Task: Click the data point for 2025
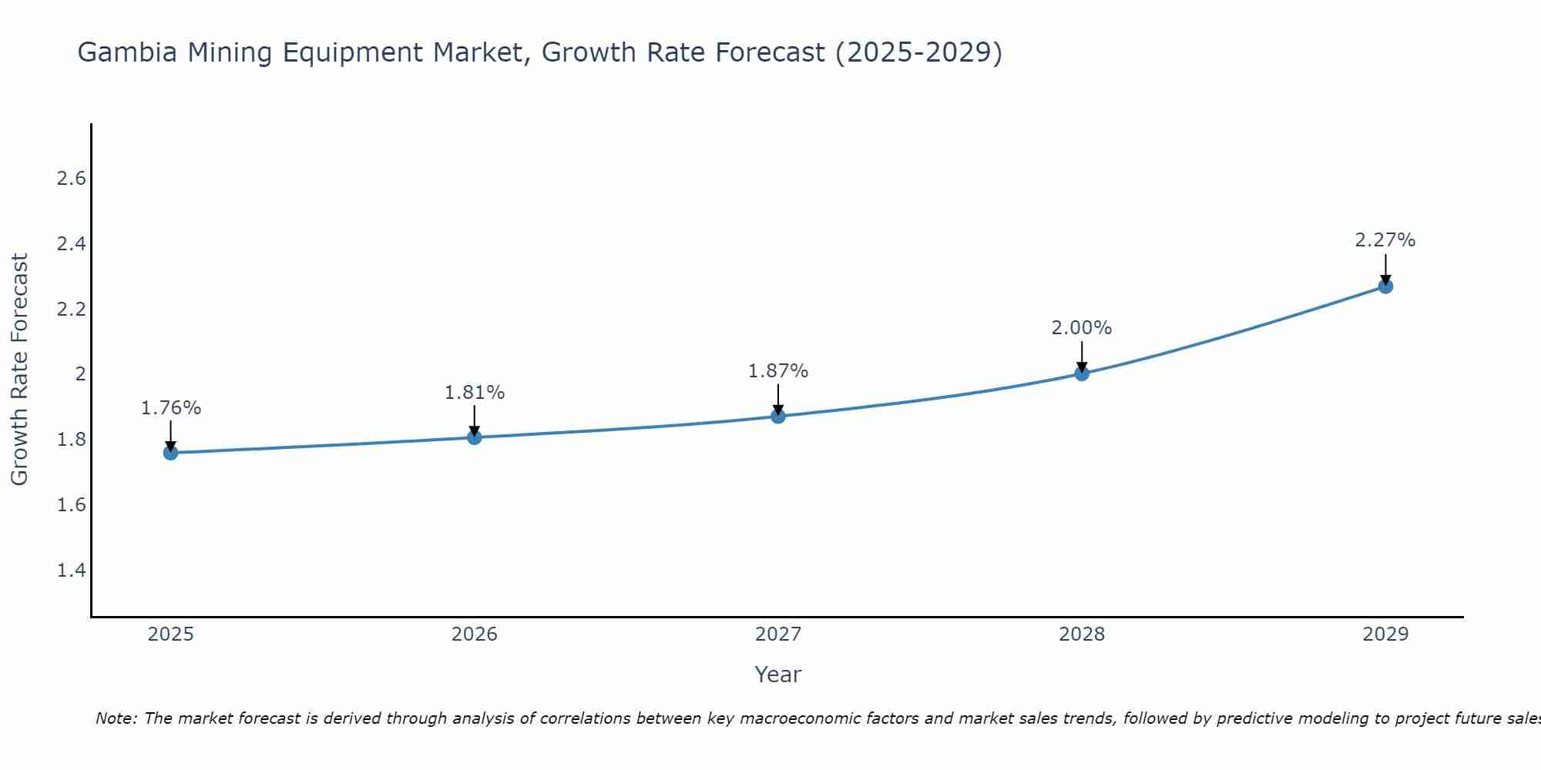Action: pos(171,453)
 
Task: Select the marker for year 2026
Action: pos(475,437)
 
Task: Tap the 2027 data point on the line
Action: pos(778,417)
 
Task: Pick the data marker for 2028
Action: pos(1082,373)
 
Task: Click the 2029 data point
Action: pos(1385,286)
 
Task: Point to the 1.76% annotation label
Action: pos(171,408)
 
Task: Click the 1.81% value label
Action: pos(475,393)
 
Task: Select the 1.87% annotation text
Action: pos(778,371)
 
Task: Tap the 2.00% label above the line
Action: pos(1082,328)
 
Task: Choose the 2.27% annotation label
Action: pos(1385,240)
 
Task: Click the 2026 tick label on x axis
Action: pos(475,634)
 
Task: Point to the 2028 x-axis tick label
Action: pos(1082,634)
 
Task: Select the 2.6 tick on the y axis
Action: pos(71,179)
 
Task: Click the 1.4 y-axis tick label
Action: pos(71,571)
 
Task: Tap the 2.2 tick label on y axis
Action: pos(71,310)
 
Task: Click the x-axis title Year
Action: pos(778,675)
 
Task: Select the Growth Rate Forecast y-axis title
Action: pos(20,370)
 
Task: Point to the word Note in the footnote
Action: pos(116,718)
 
